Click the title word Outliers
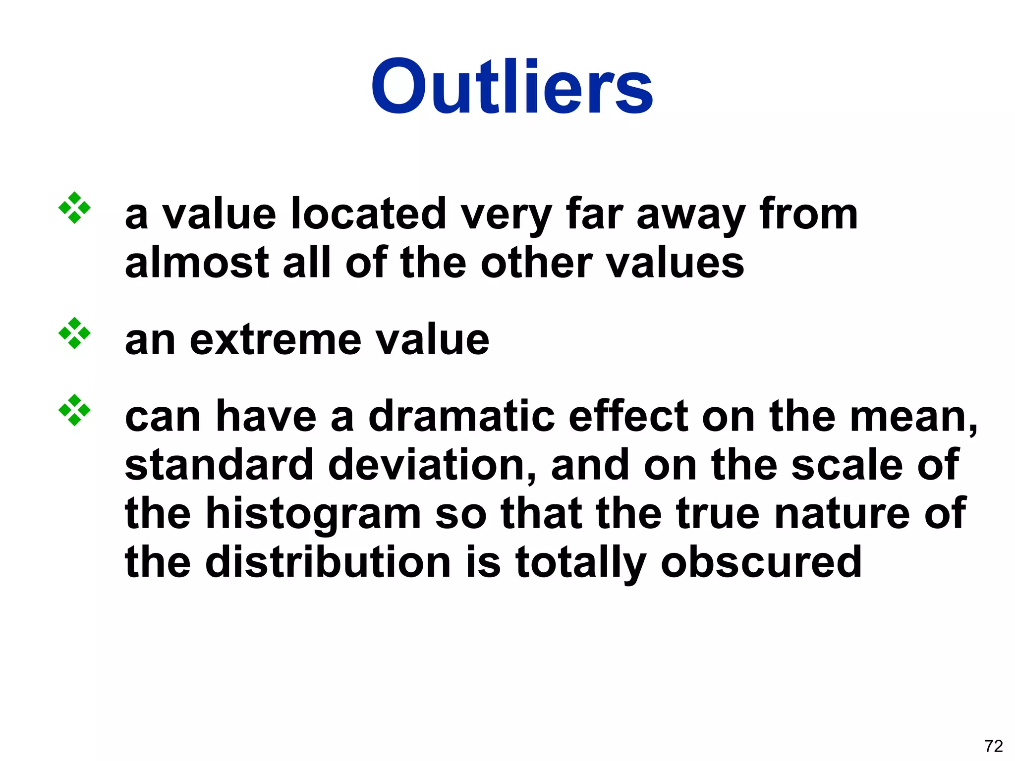(511, 87)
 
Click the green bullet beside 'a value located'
(74, 208)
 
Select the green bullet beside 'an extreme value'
(74, 333)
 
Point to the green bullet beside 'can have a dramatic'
(74, 410)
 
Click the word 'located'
(369, 214)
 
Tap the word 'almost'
(197, 263)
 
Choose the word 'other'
(536, 263)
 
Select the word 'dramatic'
(461, 416)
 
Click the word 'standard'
(219, 465)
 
